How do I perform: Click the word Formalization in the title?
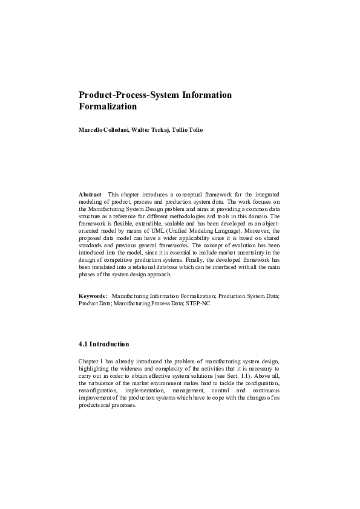click(108, 107)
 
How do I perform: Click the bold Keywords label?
click(93, 296)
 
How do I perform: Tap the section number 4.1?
click(83, 345)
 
